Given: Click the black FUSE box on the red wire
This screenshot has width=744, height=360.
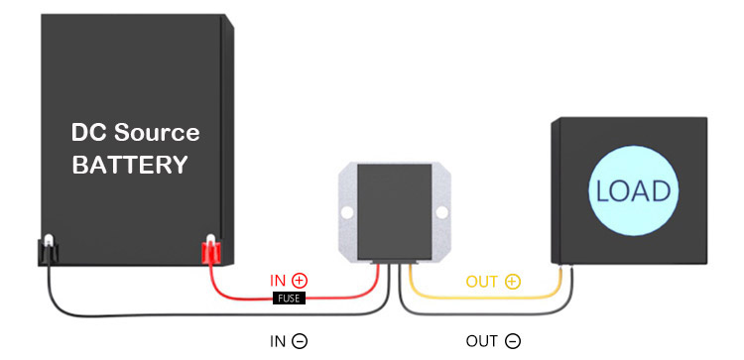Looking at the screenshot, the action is click(x=289, y=299).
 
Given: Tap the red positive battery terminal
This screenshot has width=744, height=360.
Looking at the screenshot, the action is click(x=210, y=250).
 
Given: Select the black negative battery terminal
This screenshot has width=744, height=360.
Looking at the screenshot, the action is click(x=48, y=250).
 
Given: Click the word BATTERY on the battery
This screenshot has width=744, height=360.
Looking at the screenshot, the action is click(x=130, y=165).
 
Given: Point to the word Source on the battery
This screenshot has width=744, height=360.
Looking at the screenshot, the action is click(x=157, y=132).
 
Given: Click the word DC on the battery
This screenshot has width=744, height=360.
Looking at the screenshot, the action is click(x=88, y=132).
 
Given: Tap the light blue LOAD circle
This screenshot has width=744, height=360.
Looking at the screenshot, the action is click(x=633, y=190).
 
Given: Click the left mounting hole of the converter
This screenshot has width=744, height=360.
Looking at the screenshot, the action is click(x=347, y=212).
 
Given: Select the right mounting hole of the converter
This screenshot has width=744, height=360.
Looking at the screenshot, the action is click(x=441, y=212).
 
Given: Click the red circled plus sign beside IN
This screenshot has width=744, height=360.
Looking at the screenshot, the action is click(x=300, y=281).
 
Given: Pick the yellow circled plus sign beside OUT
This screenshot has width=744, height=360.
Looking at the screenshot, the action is click(x=513, y=282).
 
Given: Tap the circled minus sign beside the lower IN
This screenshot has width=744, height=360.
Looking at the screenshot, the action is click(x=300, y=341).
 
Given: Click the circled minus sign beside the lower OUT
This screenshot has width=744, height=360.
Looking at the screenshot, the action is click(x=513, y=341).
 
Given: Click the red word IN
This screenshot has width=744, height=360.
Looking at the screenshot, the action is click(x=278, y=281).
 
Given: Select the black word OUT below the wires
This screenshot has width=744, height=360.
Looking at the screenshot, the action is click(x=482, y=341).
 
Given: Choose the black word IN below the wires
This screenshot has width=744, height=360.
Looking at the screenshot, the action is click(x=278, y=341).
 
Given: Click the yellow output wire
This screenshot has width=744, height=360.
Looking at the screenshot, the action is click(x=484, y=297).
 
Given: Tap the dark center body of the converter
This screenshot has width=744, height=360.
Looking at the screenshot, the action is click(x=394, y=211).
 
